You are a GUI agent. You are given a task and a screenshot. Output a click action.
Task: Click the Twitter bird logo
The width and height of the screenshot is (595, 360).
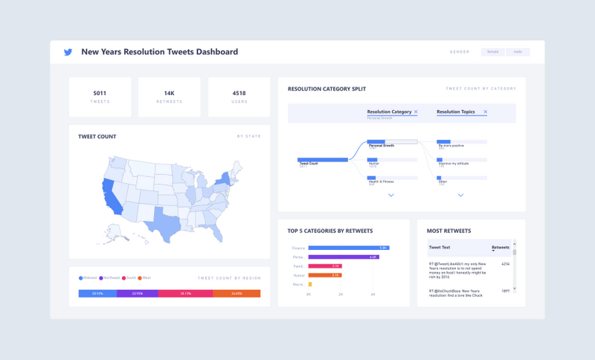click(x=68, y=52)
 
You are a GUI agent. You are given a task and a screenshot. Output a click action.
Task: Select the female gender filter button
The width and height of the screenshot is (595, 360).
click(x=493, y=52)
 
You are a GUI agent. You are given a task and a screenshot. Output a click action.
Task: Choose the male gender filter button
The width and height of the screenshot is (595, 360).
click(x=518, y=52)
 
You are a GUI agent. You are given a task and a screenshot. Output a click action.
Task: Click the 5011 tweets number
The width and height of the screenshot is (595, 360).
click(x=100, y=93)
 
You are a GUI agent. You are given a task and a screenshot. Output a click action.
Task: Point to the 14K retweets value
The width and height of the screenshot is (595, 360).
click(x=169, y=93)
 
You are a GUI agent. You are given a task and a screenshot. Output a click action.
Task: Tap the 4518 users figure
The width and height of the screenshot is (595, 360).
click(x=239, y=93)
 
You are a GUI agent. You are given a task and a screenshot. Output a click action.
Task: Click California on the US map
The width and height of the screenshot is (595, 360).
click(x=109, y=195)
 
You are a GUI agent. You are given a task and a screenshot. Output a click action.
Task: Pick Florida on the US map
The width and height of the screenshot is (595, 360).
click(x=216, y=234)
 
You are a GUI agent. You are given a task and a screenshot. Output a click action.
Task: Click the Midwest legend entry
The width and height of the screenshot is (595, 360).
click(x=88, y=277)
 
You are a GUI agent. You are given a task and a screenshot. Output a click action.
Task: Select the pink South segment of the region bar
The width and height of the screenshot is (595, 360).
click(x=184, y=294)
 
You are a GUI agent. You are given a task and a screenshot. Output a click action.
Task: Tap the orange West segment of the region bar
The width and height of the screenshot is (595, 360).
click(x=237, y=294)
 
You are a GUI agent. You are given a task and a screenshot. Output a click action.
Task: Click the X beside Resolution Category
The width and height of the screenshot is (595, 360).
click(x=416, y=112)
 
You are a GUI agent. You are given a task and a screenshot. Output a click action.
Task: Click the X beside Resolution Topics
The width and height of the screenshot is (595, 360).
click(x=486, y=112)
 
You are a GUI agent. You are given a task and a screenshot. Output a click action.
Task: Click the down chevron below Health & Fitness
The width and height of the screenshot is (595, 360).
click(x=391, y=196)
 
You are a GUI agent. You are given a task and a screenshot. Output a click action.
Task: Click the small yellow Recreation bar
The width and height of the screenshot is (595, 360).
click(x=310, y=284)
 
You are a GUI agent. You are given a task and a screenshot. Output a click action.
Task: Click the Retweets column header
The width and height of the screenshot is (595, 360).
click(x=501, y=248)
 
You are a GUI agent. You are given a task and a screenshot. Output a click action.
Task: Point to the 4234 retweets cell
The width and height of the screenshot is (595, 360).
click(x=505, y=264)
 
